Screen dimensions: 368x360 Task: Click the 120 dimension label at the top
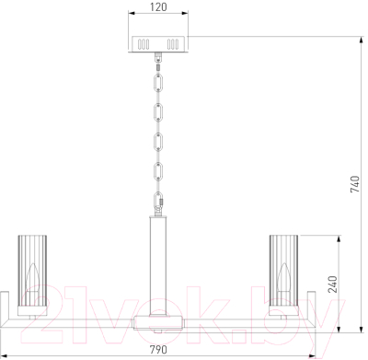point(158,6)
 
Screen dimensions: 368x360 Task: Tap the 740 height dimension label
point(355,184)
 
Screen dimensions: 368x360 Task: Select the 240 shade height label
point(333,285)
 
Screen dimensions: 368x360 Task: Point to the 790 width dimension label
point(158,349)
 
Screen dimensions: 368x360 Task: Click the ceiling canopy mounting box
point(158,44)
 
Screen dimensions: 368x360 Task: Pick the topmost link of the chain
point(158,82)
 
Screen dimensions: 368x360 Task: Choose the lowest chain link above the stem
point(158,201)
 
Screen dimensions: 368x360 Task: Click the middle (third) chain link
point(158,142)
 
